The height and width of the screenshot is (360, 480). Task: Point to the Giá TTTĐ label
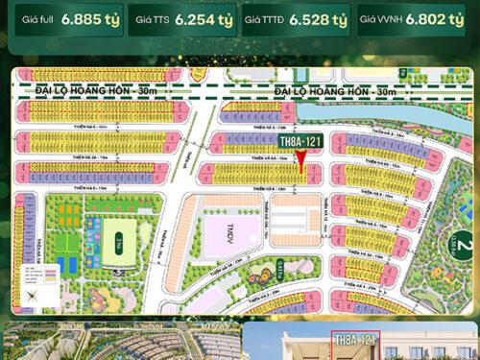(x=265, y=19)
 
